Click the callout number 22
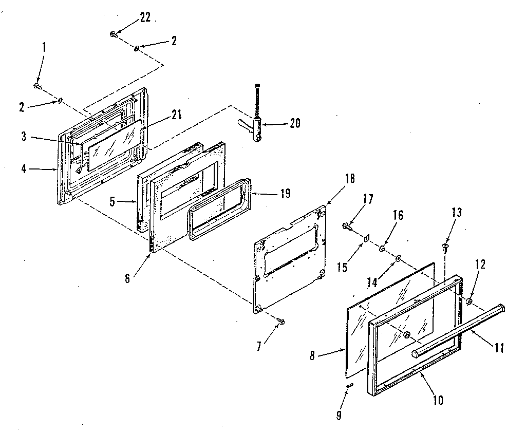coord(145,17)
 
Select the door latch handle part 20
coord(257,126)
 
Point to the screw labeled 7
coord(281,322)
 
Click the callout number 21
coord(176,116)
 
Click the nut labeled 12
coord(469,300)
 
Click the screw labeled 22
coord(113,34)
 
